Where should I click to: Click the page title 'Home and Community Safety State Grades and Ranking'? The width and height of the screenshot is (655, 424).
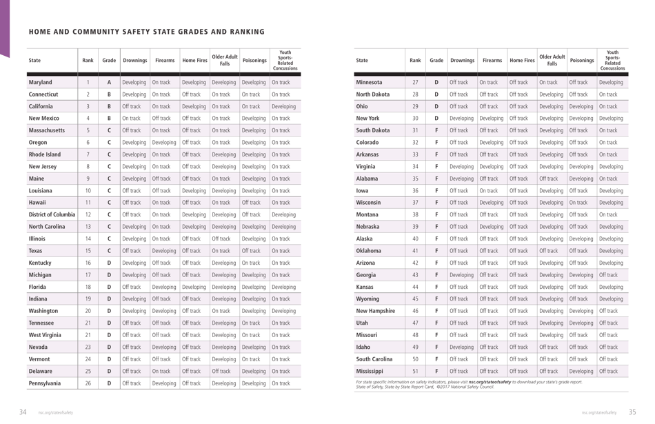[146, 32]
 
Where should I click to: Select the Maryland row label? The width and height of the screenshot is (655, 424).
[41, 83]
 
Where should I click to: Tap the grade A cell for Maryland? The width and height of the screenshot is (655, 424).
[109, 83]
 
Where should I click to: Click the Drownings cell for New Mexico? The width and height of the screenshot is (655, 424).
[134, 118]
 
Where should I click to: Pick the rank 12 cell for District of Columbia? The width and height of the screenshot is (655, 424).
[88, 214]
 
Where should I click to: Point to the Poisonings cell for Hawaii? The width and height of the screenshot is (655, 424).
[254, 203]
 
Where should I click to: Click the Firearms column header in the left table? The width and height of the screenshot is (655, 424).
[165, 61]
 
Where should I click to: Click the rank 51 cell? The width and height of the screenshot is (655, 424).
[415, 371]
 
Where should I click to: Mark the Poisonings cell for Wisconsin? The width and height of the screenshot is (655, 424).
[581, 203]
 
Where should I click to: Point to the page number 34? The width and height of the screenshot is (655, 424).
[23, 412]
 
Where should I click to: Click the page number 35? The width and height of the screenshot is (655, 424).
[632, 412]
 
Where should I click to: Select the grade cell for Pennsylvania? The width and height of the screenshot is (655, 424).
[109, 383]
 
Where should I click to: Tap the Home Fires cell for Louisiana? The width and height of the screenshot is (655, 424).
[194, 190]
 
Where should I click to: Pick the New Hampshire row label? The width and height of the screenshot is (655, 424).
[381, 311]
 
